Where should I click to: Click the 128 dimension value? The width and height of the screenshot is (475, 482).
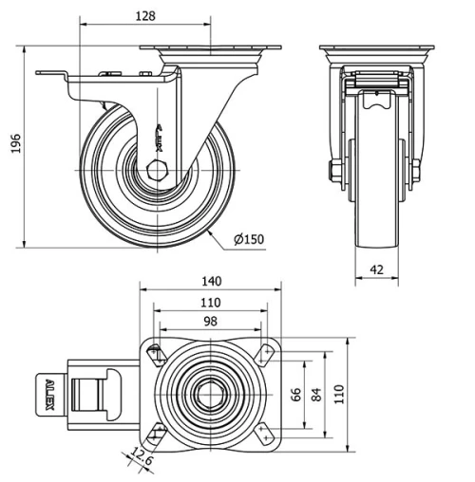pos(144,16)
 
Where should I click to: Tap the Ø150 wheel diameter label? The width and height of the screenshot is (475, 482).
pos(249,239)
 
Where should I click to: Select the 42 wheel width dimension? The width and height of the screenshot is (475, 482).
pos(376,270)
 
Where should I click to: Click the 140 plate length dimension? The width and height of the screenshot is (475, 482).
pos(211,281)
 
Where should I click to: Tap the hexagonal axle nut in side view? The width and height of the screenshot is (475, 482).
pos(156,172)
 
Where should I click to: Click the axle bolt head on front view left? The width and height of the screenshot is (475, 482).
pos(334,172)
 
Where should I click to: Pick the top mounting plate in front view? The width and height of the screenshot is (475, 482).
pos(376,48)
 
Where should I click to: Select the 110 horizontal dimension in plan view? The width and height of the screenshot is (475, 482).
pos(211,302)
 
